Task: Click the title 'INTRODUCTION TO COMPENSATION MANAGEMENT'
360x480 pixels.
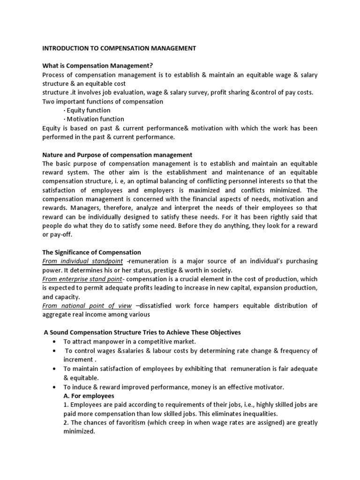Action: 119,48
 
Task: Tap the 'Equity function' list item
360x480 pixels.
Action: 88,110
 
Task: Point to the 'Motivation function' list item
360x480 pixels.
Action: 94,119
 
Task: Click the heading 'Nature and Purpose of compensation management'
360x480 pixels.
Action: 117,155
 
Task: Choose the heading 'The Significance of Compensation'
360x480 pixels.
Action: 91,252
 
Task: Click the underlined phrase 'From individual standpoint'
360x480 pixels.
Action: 82,261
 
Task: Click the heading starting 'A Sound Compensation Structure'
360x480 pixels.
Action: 142,332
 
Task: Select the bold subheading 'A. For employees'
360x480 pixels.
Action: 89,396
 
